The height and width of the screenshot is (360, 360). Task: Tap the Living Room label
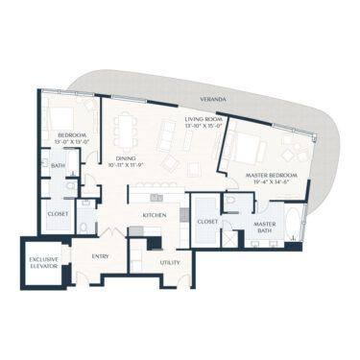(x=204, y=119)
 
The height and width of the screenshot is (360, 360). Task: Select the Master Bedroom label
(x=272, y=176)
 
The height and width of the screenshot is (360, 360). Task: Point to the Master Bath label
(x=265, y=228)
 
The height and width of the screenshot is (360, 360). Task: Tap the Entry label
(x=100, y=256)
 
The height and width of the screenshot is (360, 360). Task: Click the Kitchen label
(x=156, y=215)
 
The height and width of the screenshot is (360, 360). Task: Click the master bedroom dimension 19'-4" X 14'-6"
(x=272, y=183)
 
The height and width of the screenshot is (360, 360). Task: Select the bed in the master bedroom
(x=248, y=148)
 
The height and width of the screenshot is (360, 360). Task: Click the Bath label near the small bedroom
(x=58, y=166)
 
